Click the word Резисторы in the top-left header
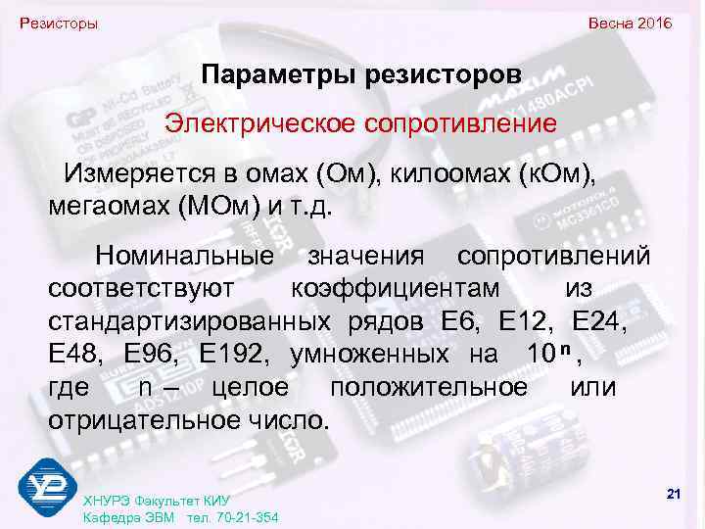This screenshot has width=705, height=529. (x=59, y=23)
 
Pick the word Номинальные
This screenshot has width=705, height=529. (x=184, y=257)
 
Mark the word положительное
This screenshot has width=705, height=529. (x=428, y=387)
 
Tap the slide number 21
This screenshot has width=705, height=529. (x=673, y=493)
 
